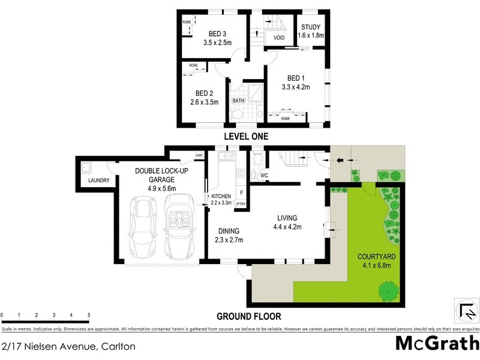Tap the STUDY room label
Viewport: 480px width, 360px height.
[x=311, y=27]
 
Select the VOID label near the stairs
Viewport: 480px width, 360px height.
[x=279, y=38]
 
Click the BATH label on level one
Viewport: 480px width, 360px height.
[x=238, y=100]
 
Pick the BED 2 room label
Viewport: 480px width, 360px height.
[x=205, y=93]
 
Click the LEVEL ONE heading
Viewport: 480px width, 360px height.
[x=246, y=137]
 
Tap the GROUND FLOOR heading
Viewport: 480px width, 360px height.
[x=248, y=316]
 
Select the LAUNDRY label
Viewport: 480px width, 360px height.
[x=98, y=180]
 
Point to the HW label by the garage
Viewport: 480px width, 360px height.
[x=199, y=156]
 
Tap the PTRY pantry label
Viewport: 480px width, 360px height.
[x=241, y=204]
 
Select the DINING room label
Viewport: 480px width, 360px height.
[x=229, y=231]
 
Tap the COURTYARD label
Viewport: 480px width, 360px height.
[x=374, y=256]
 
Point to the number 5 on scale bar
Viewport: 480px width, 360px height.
[x=88, y=315]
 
